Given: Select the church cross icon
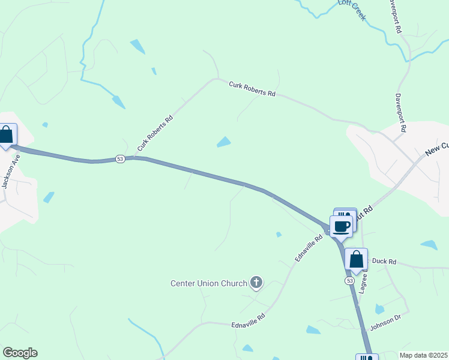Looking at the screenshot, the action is (256, 282).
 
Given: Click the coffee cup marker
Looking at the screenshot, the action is (341, 227).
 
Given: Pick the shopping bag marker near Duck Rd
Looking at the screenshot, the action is (356, 260).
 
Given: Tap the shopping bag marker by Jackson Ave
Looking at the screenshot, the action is (7, 135).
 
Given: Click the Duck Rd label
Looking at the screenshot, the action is (385, 262).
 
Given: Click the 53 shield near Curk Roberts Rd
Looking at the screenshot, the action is (121, 158).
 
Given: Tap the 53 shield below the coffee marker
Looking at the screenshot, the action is (349, 280).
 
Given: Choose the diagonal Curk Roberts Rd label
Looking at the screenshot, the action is (155, 133).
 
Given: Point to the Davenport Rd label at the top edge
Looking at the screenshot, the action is (394, 16).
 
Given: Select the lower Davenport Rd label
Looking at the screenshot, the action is (400, 113).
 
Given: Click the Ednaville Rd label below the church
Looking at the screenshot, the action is (248, 320).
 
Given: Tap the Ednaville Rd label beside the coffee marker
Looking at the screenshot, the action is (309, 247).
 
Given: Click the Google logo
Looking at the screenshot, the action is (20, 353).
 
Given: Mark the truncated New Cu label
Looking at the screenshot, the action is (436, 149).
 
